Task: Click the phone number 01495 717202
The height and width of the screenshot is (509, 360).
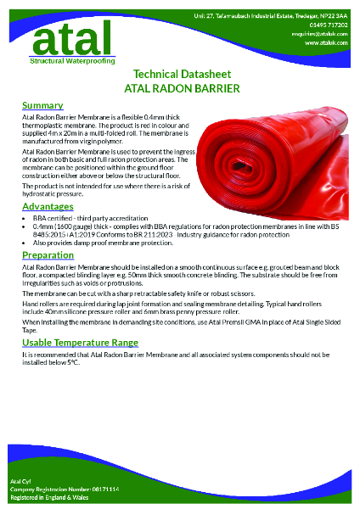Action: coord(329,25)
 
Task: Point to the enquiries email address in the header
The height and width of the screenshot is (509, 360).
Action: coord(326,33)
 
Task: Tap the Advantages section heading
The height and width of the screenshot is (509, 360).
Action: coord(48,206)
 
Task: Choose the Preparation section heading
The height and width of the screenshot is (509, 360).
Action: coord(48,255)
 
